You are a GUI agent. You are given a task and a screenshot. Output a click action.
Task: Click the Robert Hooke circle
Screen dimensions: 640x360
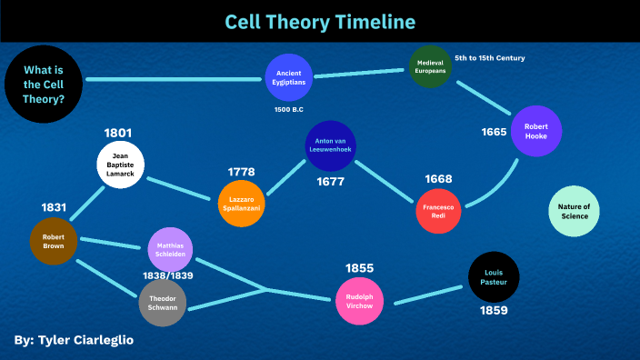coord(536,131)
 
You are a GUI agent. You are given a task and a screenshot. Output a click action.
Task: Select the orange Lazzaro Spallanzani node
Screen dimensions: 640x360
coord(241,204)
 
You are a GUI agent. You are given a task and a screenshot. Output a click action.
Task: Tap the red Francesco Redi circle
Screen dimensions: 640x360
coord(438,211)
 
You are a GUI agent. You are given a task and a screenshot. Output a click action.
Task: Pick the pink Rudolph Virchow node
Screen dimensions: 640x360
coord(359,301)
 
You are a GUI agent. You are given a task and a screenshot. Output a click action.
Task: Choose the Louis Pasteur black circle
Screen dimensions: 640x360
coord(494,277)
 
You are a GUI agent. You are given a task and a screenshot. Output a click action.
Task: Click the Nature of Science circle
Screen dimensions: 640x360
coord(574,211)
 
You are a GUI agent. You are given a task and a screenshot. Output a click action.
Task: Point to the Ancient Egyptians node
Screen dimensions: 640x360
coord(288,77)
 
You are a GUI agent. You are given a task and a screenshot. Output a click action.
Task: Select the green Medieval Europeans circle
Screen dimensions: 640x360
coord(430,66)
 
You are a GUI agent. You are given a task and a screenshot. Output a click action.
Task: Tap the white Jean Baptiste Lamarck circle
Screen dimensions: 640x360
coord(120,165)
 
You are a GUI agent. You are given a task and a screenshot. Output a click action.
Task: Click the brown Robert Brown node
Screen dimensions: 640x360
coord(54,241)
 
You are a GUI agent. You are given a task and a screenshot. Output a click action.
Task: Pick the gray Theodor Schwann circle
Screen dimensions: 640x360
coord(163,303)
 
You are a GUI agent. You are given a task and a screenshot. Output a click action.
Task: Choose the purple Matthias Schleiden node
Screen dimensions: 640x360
coord(170,250)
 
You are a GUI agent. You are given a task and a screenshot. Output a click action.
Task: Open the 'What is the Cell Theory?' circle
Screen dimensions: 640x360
coord(44,84)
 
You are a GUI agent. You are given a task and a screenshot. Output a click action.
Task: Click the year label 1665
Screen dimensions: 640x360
coord(494,132)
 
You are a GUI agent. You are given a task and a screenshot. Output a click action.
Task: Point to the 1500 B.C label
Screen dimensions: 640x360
coord(288,109)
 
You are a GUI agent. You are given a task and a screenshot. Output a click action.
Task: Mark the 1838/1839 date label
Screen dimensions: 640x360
coord(168,275)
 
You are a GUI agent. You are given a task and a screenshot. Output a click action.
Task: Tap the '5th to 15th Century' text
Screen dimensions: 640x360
coord(490,58)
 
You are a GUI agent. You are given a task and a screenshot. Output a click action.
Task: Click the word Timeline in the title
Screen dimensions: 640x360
coord(375,22)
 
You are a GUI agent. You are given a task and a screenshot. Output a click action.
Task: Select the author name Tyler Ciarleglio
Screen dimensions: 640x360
coord(85,340)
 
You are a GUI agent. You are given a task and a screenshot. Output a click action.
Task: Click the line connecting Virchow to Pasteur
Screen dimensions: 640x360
coord(428,295)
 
